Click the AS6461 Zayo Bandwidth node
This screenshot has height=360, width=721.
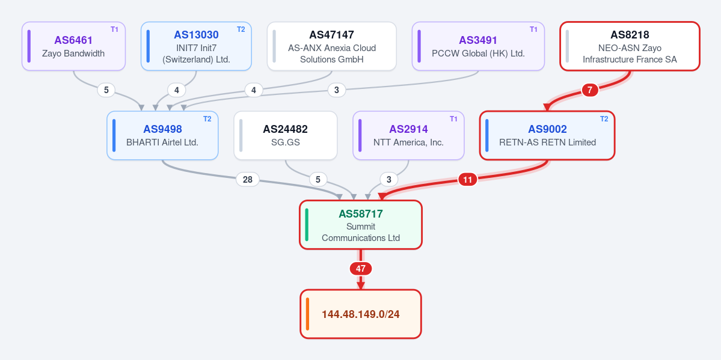[73, 46]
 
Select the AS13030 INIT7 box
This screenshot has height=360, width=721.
[197, 46]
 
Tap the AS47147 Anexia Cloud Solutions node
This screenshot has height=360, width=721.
[331, 46]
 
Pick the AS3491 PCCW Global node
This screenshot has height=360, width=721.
[478, 46]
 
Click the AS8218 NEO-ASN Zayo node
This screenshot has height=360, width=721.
[630, 46]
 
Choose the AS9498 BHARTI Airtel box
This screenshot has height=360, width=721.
[162, 136]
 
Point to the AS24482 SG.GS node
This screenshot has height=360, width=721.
[286, 136]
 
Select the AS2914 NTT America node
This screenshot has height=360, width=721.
[408, 136]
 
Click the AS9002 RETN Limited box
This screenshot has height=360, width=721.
[547, 136]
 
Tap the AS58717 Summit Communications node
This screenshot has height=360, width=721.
[361, 225]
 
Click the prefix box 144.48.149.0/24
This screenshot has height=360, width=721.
[361, 314]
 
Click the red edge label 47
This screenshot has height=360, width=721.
[361, 269]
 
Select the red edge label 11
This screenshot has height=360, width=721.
[468, 180]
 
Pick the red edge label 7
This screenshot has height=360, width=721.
[590, 90]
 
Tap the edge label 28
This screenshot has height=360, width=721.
[247, 180]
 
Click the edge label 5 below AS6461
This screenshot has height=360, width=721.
[106, 90]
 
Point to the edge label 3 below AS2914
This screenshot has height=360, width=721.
[389, 180]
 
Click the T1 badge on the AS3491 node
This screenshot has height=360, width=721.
[533, 29]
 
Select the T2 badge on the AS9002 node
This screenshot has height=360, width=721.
[604, 118]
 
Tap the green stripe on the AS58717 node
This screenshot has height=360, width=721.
[307, 225]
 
